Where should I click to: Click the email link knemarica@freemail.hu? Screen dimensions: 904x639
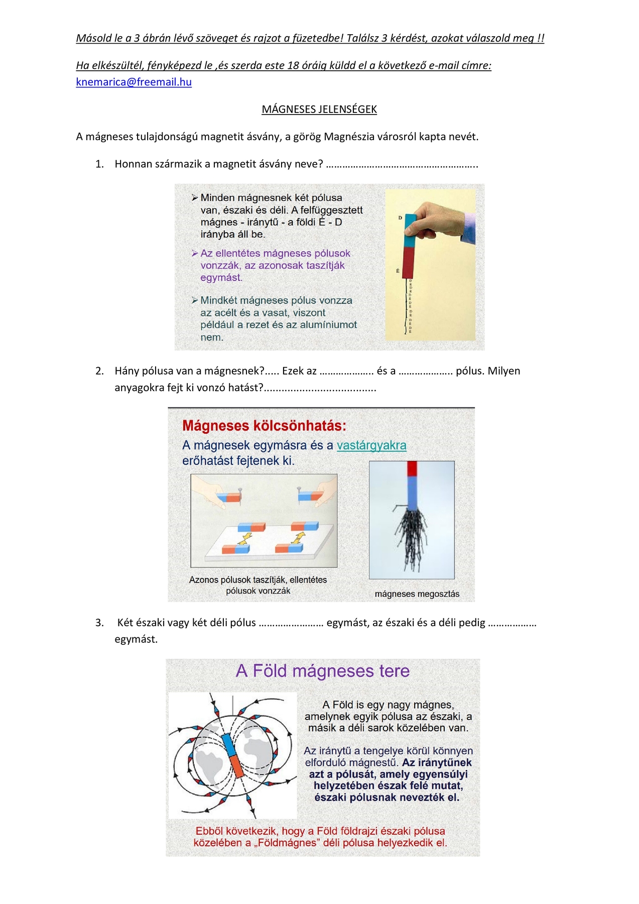(x=134, y=82)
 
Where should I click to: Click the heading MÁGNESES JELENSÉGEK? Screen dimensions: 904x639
(x=319, y=109)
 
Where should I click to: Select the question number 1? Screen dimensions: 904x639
(x=99, y=164)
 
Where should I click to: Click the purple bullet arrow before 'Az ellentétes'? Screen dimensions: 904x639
(x=195, y=254)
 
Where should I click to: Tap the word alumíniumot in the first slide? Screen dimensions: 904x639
(x=326, y=325)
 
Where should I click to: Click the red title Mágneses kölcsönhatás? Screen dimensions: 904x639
(x=264, y=426)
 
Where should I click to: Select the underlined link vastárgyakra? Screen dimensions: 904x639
(x=371, y=445)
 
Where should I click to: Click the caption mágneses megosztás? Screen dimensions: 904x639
(x=417, y=594)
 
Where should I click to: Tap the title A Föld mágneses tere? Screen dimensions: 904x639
(x=323, y=671)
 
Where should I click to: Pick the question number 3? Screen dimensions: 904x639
(x=99, y=623)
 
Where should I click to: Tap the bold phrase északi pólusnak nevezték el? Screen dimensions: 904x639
(x=387, y=798)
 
